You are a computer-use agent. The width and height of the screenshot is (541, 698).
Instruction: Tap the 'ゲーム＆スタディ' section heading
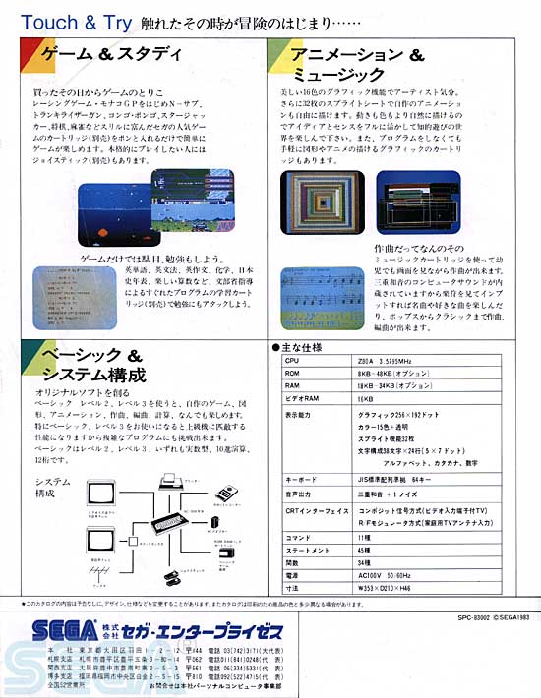[x=100, y=55]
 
